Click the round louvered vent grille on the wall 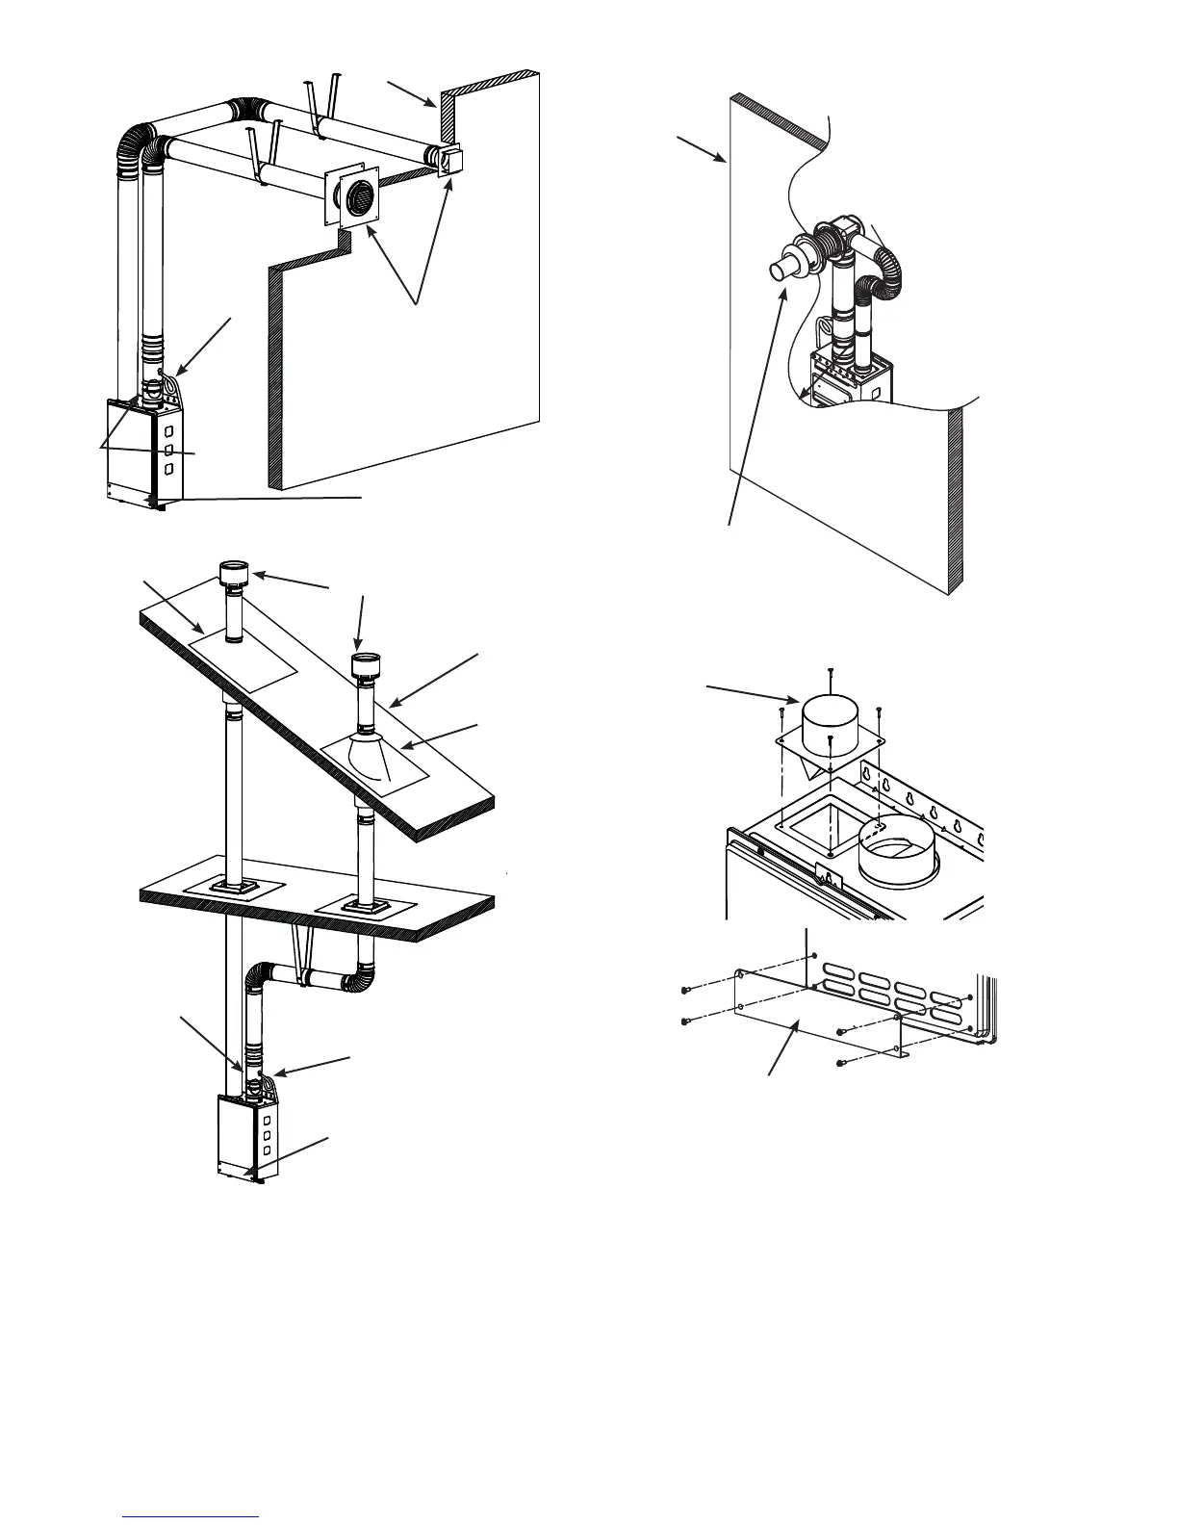[357, 199]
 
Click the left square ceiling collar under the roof [231, 887]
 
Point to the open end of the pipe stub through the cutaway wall [781, 269]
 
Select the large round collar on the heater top [897, 848]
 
